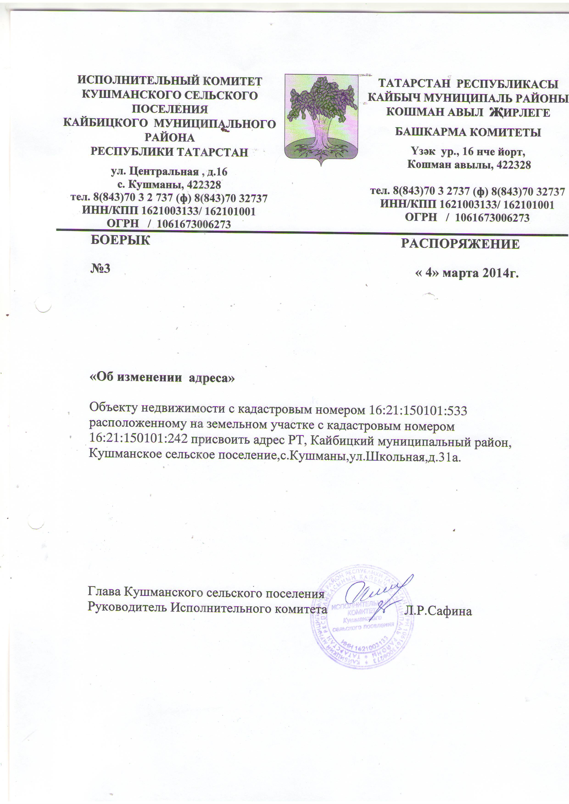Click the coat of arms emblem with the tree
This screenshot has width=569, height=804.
pyautogui.click(x=321, y=118)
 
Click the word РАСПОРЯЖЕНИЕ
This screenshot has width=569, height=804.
pyautogui.click(x=460, y=244)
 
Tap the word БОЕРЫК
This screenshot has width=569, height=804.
pyautogui.click(x=120, y=240)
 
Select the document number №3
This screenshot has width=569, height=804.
pyautogui.click(x=100, y=269)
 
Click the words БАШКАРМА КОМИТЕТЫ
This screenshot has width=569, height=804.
pyautogui.click(x=468, y=132)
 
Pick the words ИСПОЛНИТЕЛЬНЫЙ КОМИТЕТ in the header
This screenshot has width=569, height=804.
pyautogui.click(x=170, y=81)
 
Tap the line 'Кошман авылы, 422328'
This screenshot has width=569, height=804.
pyautogui.click(x=469, y=165)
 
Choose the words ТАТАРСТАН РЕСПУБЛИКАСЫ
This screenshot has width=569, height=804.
pyautogui.click(x=469, y=84)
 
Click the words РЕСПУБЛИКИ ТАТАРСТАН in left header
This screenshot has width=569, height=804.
pyautogui.click(x=169, y=152)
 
